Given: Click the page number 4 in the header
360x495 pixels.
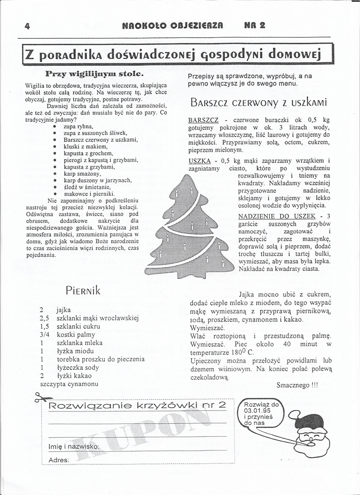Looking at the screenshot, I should (27, 25).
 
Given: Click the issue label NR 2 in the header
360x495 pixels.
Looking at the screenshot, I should (255, 25).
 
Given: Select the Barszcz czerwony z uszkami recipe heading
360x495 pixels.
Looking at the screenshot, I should (258, 102).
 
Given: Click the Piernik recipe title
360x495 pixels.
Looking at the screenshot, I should (83, 290).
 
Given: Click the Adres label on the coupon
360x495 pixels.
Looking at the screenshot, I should (59, 460).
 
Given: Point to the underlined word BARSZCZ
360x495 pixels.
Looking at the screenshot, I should (203, 120).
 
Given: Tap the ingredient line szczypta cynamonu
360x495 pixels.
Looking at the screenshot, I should (69, 384).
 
